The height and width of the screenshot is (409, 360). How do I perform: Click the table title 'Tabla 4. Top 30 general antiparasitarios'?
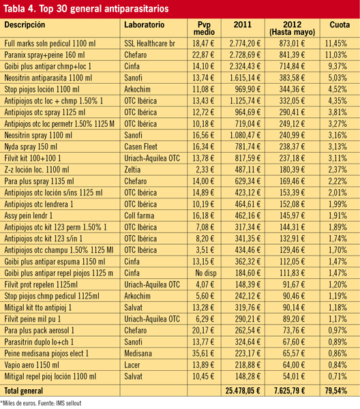pyautogui.click(x=86, y=9)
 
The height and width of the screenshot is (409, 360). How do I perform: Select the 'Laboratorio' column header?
pyautogui.click(x=145, y=25)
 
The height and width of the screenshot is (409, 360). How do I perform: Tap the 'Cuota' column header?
pyautogui.click(x=340, y=25)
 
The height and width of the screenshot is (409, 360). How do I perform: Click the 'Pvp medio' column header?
pyautogui.click(x=204, y=28)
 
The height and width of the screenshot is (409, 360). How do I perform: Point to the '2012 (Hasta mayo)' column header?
pyautogui.click(x=292, y=28)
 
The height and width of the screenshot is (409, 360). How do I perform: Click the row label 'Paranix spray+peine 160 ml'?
pyautogui.click(x=44, y=55)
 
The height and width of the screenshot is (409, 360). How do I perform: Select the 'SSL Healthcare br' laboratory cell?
pyautogui.click(x=149, y=44)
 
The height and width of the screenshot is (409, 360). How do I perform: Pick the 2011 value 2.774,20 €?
pyautogui.click(x=245, y=44)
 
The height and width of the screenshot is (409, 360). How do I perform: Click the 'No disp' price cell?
pyautogui.click(x=206, y=273)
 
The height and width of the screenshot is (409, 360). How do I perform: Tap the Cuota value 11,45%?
pyautogui.click(x=335, y=44)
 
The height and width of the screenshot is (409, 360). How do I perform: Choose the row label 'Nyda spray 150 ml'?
pyautogui.click(x=31, y=147)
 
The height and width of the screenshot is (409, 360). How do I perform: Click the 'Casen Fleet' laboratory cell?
pyautogui.click(x=140, y=147)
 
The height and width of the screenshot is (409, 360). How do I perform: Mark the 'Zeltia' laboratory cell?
pyautogui.click(x=132, y=170)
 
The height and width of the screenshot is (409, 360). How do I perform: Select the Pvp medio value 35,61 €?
pyautogui.click(x=203, y=353)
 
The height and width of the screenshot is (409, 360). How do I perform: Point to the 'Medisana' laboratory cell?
pyautogui.click(x=138, y=353)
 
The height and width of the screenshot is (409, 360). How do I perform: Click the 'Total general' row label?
pyautogui.click(x=23, y=391)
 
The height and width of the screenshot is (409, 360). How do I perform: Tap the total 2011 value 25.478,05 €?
pyautogui.click(x=243, y=391)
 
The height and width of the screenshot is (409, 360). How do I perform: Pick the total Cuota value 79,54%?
pyautogui.click(x=335, y=391)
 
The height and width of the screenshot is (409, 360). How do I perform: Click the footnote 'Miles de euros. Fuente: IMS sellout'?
pyautogui.click(x=41, y=404)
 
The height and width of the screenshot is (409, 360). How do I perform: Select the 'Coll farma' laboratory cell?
pyautogui.click(x=139, y=215)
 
